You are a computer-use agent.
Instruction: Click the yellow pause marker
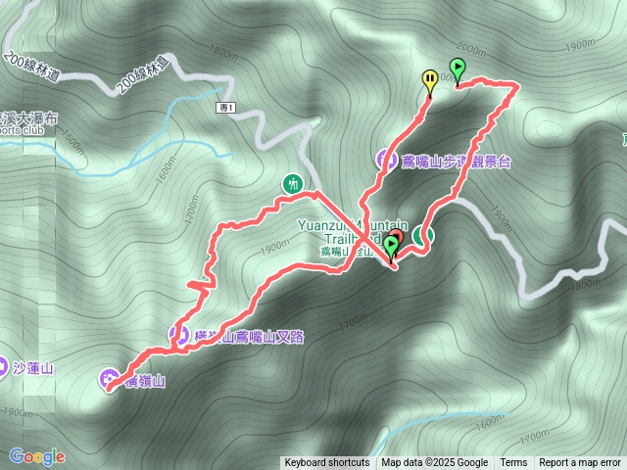[429, 79]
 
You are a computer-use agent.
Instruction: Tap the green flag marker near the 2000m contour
[457, 69]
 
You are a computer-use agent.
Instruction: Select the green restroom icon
[292, 183]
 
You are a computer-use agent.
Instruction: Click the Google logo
[37, 456]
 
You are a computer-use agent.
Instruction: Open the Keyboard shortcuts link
[326, 463]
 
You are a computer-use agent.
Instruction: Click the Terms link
[513, 463]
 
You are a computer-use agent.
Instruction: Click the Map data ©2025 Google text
[434, 463]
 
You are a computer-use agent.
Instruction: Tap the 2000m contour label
[471, 49]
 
